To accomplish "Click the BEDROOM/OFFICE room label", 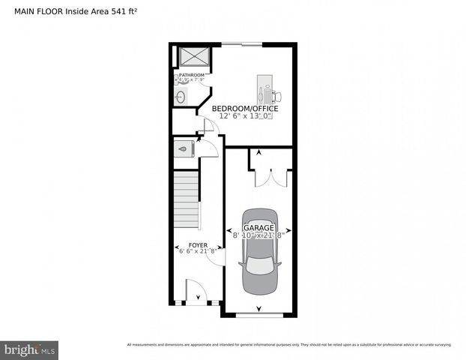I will click(x=245, y=109).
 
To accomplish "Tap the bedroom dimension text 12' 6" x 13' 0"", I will click(x=245, y=116).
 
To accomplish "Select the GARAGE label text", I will click(x=258, y=227).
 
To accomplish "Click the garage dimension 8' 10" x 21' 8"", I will click(x=258, y=235).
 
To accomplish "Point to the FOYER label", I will click(x=197, y=245).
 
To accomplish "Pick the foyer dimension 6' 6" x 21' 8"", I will click(x=197, y=251).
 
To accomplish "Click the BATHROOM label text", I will click(x=191, y=75).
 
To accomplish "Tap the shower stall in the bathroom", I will click(x=193, y=57).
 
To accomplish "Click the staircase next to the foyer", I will click(x=187, y=199).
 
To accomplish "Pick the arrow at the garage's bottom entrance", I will click(x=259, y=308).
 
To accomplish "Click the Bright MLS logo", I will click(x=29, y=349).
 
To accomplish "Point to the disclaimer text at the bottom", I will click(x=289, y=345).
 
